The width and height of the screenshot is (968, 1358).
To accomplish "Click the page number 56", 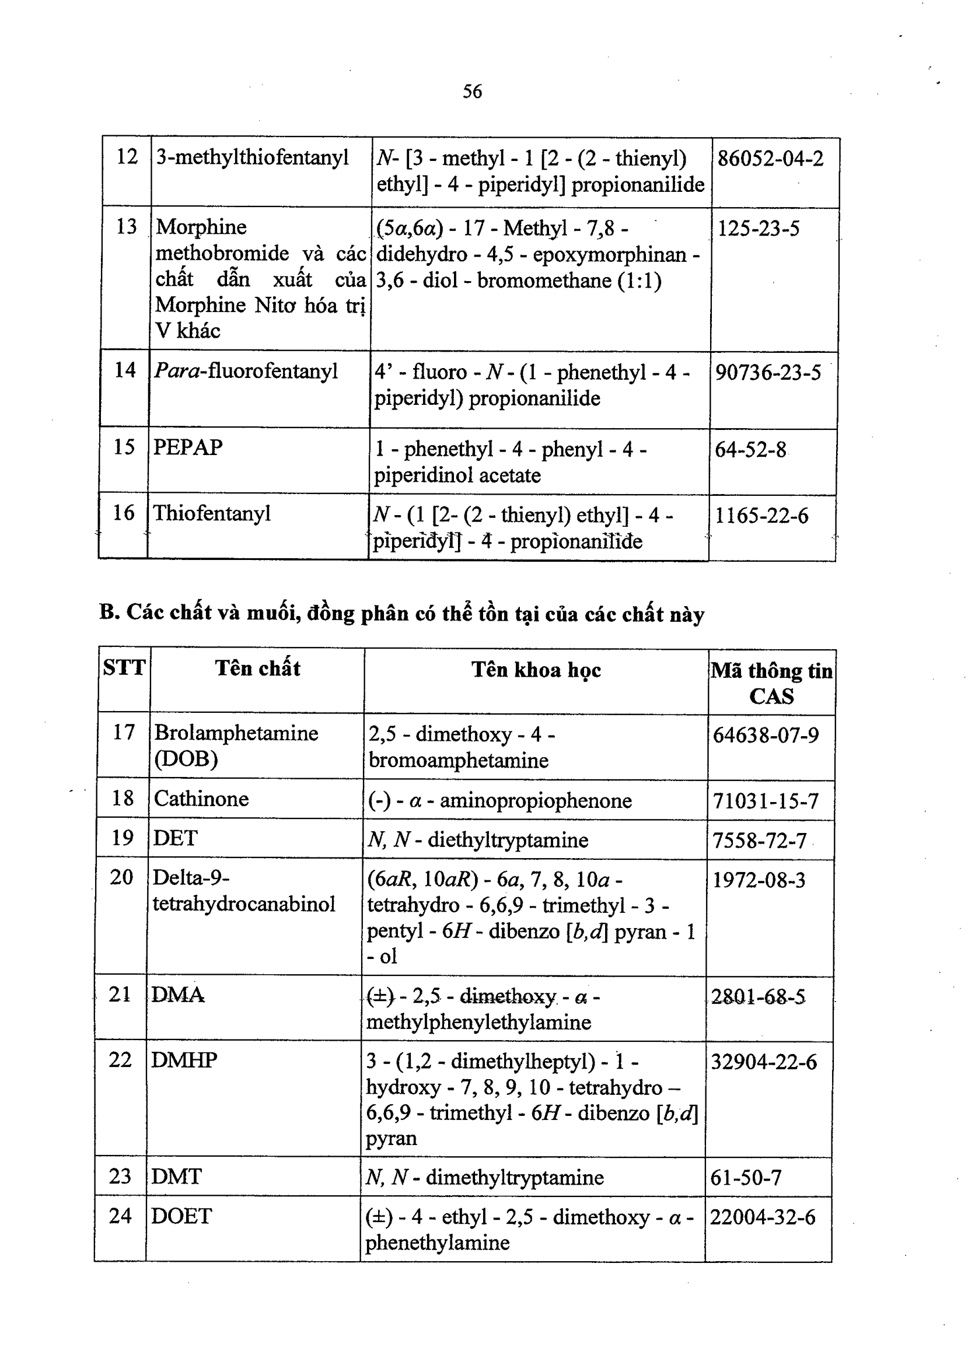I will coord(472,92).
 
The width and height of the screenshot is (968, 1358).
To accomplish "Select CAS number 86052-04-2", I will coord(770,159).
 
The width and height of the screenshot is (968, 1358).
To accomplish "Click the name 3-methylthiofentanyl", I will coord(252,157).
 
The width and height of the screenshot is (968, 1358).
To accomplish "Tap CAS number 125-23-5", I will coord(758,228).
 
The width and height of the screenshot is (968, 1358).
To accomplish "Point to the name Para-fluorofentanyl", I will coord(246,371).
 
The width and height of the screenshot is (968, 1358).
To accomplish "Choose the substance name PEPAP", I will coord(188,447).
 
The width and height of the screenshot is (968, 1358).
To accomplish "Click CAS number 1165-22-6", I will coord(761,516).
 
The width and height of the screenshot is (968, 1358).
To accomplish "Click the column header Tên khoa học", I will coord(536,670).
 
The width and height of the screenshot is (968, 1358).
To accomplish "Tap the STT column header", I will coord(124,667).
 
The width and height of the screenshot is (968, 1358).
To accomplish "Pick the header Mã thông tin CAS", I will coord(771,683).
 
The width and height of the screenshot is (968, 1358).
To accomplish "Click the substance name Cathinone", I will coord(201,799).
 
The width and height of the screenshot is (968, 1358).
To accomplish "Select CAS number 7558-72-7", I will coord(759,841).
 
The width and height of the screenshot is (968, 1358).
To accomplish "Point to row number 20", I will coord(121,877).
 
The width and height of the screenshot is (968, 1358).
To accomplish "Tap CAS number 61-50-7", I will coord(746,1177).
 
